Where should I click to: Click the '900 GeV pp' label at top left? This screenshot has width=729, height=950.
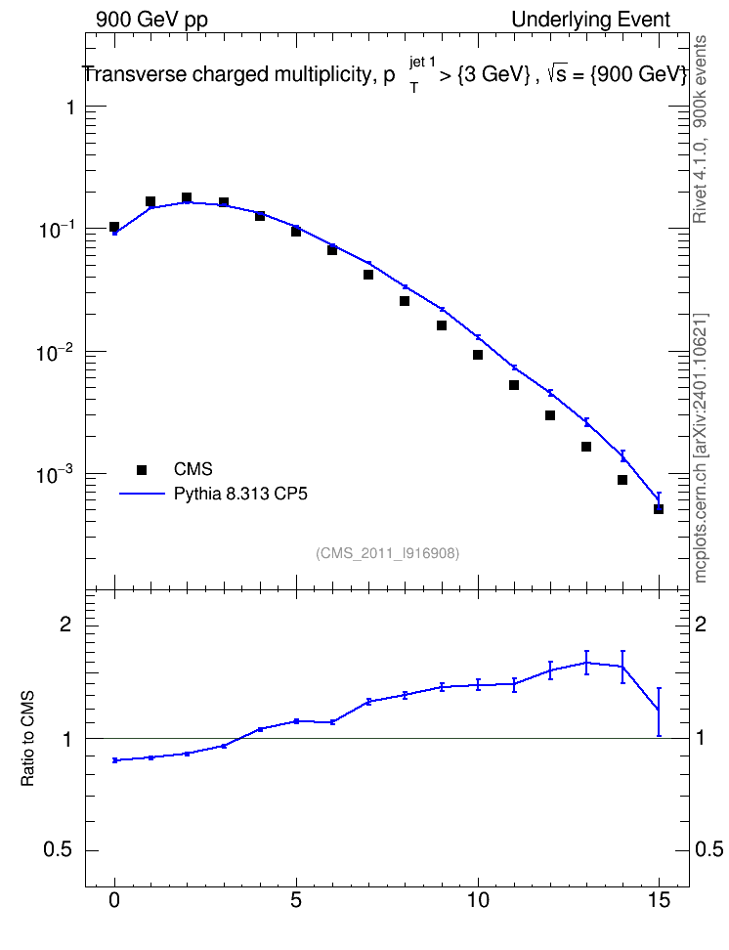(x=151, y=20)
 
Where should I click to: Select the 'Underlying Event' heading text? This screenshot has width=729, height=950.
(x=591, y=20)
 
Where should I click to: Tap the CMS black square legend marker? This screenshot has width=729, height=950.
(x=142, y=469)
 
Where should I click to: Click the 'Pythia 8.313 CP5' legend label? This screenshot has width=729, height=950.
(x=240, y=494)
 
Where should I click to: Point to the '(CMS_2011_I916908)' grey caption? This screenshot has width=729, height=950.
(x=387, y=553)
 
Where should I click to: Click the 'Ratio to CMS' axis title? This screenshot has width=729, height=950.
(x=27, y=739)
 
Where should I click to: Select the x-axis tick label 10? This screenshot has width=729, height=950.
(x=478, y=900)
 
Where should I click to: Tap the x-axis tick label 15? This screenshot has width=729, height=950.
(x=659, y=900)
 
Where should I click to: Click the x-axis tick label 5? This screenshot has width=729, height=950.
(x=296, y=900)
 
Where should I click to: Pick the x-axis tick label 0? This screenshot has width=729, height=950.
(x=114, y=900)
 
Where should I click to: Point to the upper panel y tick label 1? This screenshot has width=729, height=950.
(x=71, y=108)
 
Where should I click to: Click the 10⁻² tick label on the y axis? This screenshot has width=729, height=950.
(x=55, y=352)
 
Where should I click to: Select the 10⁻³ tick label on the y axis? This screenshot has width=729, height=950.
(x=55, y=474)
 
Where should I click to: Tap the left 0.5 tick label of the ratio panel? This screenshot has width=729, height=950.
(x=58, y=849)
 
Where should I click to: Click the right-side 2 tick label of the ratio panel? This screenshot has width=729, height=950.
(x=701, y=624)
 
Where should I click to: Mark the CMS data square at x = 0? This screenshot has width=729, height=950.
(x=114, y=227)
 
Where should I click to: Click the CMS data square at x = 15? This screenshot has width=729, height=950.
(x=659, y=509)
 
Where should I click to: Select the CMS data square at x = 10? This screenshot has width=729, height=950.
(x=478, y=355)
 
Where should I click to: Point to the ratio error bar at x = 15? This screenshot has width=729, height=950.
(x=659, y=712)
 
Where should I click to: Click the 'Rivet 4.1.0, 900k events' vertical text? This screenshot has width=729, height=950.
(x=700, y=129)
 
